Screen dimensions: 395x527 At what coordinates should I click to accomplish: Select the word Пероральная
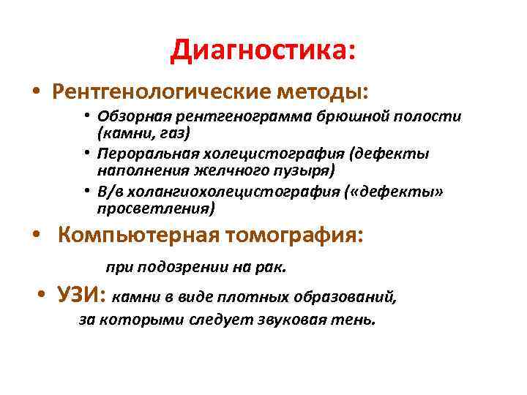[x=140, y=154]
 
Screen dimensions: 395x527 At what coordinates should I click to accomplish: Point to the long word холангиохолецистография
[x=239, y=192]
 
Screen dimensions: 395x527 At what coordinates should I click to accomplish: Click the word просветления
[x=155, y=208]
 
